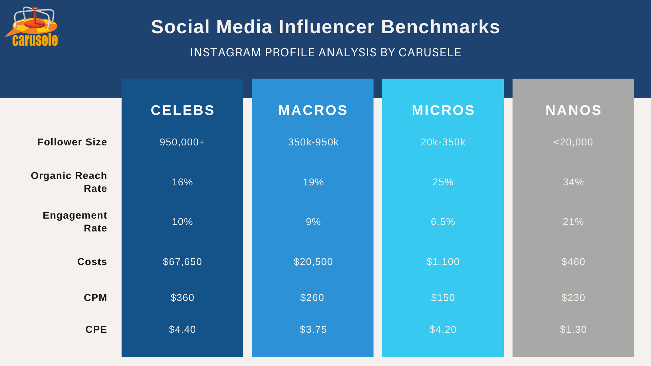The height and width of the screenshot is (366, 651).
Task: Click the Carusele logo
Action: [x=33, y=27]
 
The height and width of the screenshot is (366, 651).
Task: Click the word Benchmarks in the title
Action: [x=440, y=27]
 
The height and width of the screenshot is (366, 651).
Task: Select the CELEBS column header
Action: [x=182, y=110]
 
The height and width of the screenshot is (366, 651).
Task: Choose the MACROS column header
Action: [x=313, y=110]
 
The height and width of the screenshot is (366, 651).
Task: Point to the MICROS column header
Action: [x=443, y=110]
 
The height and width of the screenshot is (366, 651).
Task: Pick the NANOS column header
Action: [x=573, y=110]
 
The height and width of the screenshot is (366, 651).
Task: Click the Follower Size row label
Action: [x=72, y=142]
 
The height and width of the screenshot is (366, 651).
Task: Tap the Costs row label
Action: [x=92, y=262]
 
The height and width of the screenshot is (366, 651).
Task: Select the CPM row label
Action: [x=95, y=298]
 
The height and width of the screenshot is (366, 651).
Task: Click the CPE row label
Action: [x=96, y=329]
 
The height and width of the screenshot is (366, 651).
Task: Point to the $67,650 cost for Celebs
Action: [x=182, y=262]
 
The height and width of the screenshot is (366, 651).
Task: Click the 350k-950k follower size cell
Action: [x=313, y=142]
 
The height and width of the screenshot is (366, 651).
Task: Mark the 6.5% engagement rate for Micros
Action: [x=443, y=222]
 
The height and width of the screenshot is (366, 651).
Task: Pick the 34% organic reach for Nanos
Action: [x=573, y=182]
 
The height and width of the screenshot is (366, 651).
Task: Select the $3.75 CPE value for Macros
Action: [x=313, y=329]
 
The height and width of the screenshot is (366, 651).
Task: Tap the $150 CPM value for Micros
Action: [x=443, y=298]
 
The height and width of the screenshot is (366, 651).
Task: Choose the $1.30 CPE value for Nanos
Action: [x=573, y=329]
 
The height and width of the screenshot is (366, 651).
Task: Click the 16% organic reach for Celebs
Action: [x=182, y=182]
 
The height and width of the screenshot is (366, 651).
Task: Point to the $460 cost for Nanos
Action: [x=573, y=262]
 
